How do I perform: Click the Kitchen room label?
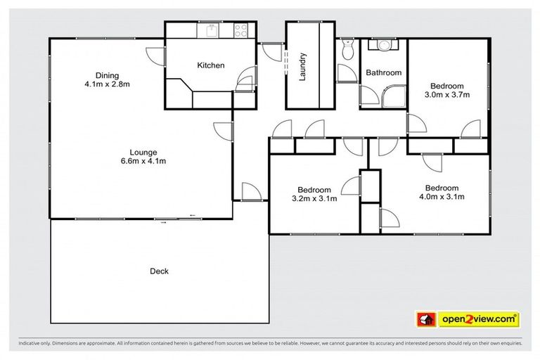coord(210,65)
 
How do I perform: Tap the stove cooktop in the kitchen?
coord(240,31)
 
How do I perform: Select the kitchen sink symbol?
coord(209,31)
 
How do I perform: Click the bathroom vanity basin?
coord(382,46)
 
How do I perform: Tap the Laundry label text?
coord(303,66)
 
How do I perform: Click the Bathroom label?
coord(383,72)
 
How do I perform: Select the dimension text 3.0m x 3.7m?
coord(446,94)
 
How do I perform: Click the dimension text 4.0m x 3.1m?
coord(442,198)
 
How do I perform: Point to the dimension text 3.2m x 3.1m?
coord(314,199)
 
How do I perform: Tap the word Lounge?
coord(143,152)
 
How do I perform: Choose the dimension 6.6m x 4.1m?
coord(143,161)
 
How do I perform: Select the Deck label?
coord(159,271)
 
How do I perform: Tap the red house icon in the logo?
coord(425,319)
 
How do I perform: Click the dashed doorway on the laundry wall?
coord(286,60)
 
